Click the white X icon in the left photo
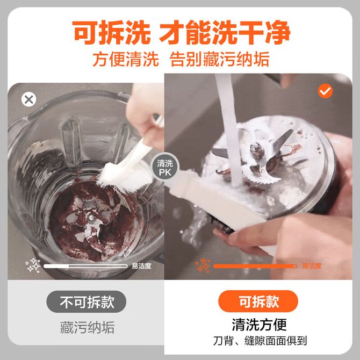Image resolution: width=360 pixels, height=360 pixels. click(28, 99)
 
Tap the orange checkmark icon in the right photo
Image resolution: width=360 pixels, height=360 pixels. click(325, 91)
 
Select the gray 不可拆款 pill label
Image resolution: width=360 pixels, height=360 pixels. click(86, 301)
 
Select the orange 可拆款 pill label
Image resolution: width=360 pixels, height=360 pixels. click(258, 301)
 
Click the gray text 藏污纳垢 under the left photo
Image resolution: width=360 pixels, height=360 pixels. click(87, 327)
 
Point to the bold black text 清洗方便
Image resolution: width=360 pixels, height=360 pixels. click(259, 325)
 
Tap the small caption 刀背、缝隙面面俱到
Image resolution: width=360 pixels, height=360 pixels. click(260, 341)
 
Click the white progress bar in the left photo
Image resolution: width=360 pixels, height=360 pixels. click(85, 266)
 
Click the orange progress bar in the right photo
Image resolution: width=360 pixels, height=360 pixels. click(255, 266)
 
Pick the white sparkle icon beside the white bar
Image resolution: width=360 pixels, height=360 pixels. click(33, 265)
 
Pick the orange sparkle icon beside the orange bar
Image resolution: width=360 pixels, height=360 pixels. click(203, 265)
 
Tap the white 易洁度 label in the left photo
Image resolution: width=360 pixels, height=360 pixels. click(141, 266)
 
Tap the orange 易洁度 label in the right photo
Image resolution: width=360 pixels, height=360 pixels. click(311, 266)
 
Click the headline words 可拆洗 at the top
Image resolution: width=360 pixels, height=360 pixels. click(111, 32)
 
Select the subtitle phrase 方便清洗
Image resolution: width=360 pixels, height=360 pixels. click(126, 60)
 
